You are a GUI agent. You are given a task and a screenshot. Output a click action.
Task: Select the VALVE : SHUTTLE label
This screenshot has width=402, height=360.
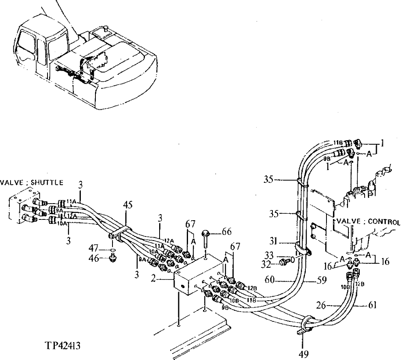point(31,182)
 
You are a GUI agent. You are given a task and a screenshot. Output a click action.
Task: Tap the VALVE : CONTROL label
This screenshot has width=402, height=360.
point(366,222)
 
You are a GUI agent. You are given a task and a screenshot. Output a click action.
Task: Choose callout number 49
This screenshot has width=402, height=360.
point(303,353)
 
